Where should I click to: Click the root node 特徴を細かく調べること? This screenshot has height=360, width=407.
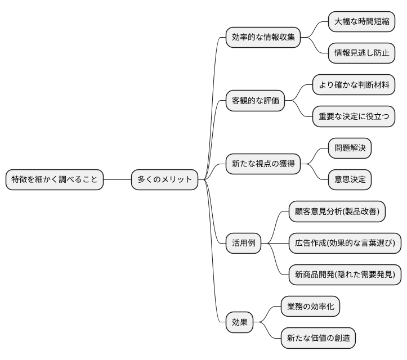coord(55,180)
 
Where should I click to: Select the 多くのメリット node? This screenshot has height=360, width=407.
coord(165,180)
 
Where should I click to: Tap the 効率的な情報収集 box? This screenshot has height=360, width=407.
coord(263,38)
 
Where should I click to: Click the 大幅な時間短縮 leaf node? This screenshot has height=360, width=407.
coord(361,21)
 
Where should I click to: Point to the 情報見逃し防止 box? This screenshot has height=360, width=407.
coord(361,53)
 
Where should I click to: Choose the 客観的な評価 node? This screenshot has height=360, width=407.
coord(254,101)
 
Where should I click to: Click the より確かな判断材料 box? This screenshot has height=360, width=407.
coord(354,85)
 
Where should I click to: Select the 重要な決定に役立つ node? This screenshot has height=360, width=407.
coord(354,117)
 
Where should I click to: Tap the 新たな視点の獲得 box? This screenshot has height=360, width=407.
coord(263,164)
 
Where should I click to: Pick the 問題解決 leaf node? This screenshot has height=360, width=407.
coord(350,148)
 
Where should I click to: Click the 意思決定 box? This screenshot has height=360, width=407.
coord(350,180)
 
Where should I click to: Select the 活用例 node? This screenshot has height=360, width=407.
coord(243,244)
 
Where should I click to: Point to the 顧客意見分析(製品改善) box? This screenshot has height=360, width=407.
coord(337,212)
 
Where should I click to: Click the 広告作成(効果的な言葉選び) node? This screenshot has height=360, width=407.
coord(345,244)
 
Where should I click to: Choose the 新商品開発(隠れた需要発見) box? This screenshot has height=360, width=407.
coord(345,275)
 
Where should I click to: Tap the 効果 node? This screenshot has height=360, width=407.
coord(239,323)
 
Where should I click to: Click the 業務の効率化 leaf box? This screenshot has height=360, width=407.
coord(311,307)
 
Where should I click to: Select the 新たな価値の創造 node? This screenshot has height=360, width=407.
coord(319,339)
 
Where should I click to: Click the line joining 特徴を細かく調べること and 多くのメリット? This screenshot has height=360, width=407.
coord(117,180)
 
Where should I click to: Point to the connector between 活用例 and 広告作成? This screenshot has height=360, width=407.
coord(275,244)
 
